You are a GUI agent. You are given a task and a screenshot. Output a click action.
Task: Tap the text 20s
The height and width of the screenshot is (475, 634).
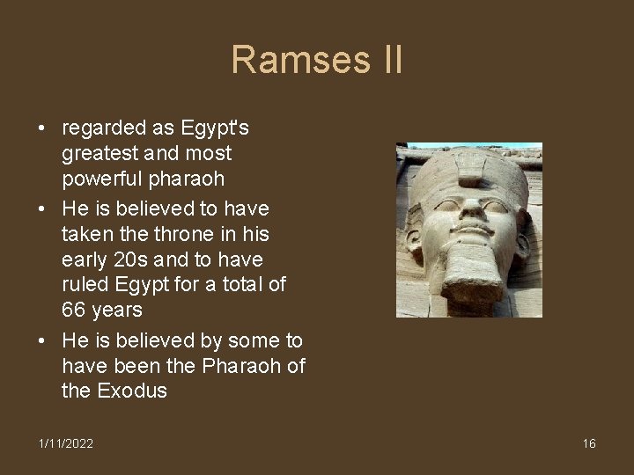pyautogui.click(x=125, y=259)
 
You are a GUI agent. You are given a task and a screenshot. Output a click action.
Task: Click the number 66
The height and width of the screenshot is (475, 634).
pyautogui.click(x=77, y=311)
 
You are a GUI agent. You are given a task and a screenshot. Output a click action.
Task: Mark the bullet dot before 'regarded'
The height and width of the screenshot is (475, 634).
pyautogui.click(x=42, y=128)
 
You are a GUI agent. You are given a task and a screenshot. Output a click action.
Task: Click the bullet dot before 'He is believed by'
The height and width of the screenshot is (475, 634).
pyautogui.click(x=42, y=340)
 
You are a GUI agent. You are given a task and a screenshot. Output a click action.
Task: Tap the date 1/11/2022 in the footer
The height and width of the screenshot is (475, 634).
pyautogui.click(x=65, y=443)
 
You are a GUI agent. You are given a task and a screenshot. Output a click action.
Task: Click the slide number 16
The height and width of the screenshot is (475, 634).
pyautogui.click(x=589, y=443)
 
